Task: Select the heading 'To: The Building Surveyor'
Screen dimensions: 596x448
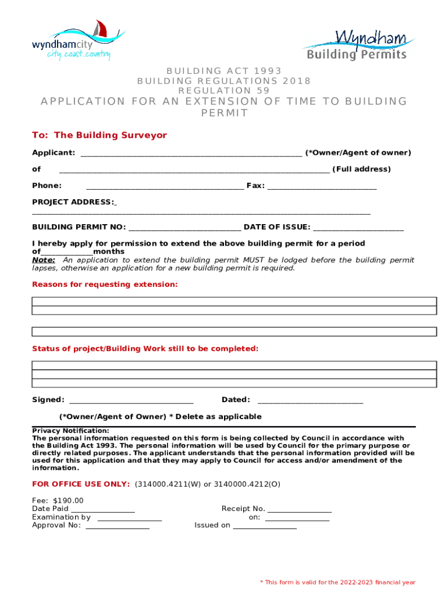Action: [x=99, y=135]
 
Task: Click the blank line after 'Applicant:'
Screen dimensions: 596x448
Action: [x=191, y=154]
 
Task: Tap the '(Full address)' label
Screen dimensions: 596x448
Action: [x=361, y=169]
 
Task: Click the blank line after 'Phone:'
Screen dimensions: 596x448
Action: [x=165, y=187]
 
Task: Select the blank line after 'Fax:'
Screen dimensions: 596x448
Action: [x=322, y=187]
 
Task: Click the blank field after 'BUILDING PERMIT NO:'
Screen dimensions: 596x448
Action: [x=184, y=228]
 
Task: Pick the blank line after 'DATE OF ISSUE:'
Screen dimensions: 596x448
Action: [x=358, y=228]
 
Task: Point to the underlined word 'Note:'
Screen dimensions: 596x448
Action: [x=44, y=260]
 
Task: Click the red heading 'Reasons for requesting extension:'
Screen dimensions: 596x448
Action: [x=105, y=284]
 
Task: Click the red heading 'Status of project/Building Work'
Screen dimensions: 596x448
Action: [x=145, y=348]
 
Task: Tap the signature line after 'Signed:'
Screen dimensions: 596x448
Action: [x=131, y=400]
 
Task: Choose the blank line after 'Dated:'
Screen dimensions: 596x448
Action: [x=310, y=400]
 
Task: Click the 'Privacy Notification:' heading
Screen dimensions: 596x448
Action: [x=70, y=430]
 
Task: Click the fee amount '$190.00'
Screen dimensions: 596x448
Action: [x=68, y=500]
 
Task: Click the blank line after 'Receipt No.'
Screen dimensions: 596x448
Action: [x=299, y=510]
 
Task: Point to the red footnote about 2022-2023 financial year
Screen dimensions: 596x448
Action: [x=337, y=582]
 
